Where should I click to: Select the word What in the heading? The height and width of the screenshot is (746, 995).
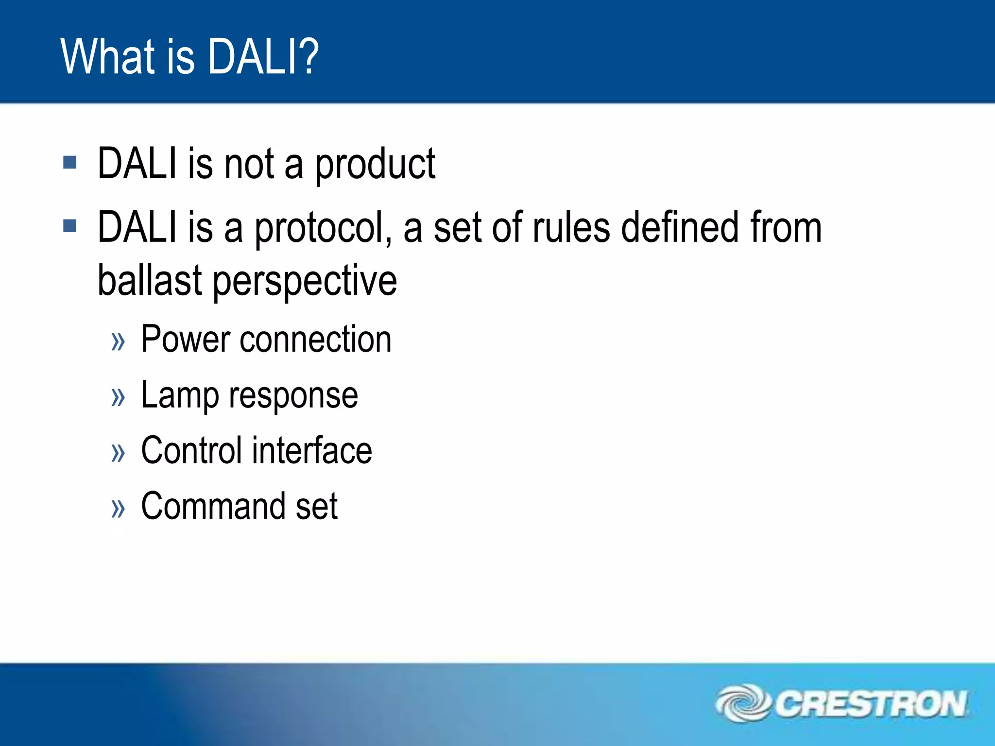[108, 57]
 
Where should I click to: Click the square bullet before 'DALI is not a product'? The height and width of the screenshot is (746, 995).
[70, 162]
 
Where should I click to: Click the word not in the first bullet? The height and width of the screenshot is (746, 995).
[249, 164]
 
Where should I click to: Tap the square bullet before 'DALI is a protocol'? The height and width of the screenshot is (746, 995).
[70, 226]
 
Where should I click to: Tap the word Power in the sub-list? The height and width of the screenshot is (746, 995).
[185, 339]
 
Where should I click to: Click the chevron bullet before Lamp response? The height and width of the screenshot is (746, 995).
[118, 397]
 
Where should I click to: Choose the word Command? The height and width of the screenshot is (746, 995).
[213, 506]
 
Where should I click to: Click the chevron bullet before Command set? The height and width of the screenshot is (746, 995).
[118, 509]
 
